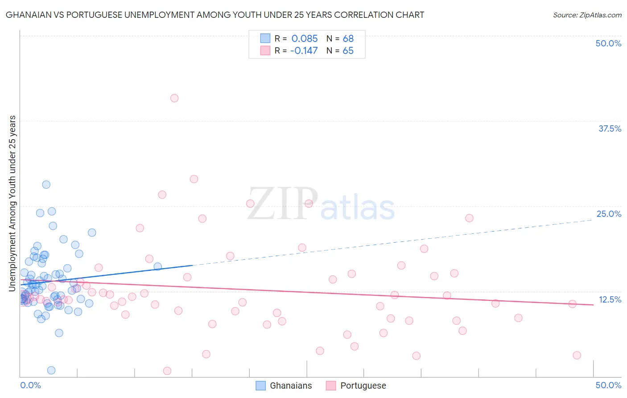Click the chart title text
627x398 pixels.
pos(214,15)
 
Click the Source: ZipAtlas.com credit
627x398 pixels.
pos(587,15)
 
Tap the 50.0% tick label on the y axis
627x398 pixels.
pos(608,43)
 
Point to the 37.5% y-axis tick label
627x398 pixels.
pos(610,129)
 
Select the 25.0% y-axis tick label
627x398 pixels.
pos(609,214)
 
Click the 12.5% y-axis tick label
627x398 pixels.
pos(610,299)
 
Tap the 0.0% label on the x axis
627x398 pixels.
pos(30,385)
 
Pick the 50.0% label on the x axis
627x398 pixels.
pos(608,385)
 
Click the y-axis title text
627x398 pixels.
pos(12,203)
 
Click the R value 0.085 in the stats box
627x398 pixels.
pos(305,38)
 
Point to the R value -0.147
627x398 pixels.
pos(304,50)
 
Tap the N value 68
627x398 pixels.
pos(348,38)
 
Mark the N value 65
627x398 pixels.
pos(348,50)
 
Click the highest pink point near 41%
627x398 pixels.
pos(174,98)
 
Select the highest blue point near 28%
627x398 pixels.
pos(46,184)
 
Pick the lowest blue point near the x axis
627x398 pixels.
pos(51,370)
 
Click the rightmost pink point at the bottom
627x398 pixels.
pos(577,355)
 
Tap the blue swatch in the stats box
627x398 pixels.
pos(265,38)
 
